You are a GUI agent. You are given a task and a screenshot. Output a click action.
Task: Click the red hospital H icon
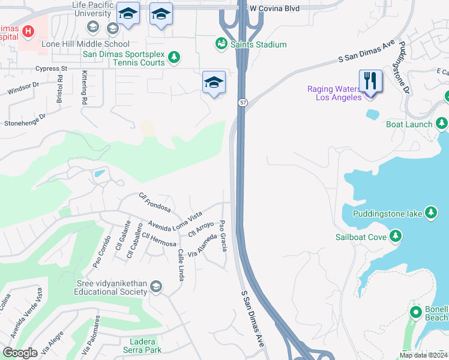[28, 30]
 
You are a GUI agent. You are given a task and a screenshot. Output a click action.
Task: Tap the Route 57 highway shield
[241, 103]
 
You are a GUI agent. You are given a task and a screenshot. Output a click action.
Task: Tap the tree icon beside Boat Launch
[442, 124]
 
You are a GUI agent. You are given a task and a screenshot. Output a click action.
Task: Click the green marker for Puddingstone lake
[430, 212]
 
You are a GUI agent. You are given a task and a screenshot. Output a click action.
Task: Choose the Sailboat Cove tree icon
[395, 236]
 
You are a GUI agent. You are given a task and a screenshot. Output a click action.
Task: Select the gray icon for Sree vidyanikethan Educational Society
[156, 287]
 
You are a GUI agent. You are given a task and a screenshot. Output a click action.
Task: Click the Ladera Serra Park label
[142, 345]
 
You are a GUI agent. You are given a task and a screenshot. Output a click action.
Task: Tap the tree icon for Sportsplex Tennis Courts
[174, 58]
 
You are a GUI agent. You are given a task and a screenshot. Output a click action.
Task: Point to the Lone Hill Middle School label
[85, 44]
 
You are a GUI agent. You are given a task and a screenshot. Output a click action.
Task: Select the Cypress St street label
[51, 69]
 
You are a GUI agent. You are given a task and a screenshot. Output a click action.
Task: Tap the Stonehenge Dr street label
[25, 120]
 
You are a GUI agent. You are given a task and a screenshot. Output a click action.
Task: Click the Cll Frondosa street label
[154, 203]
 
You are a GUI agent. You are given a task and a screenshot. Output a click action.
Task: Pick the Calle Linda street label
[180, 265]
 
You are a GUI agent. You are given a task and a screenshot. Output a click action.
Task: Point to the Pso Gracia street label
[223, 235]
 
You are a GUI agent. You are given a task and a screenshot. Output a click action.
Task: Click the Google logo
[20, 353]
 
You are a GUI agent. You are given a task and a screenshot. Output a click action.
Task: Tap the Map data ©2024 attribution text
[424, 355]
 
